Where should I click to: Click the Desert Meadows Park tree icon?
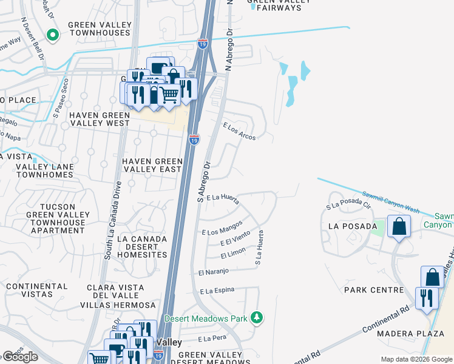tap(257, 318)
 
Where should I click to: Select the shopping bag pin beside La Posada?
tap(399, 227)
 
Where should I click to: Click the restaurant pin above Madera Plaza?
tap(427, 298)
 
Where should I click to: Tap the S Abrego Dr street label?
tap(203, 181)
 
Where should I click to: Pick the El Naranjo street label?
tap(212, 271)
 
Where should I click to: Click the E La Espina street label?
tap(217, 292)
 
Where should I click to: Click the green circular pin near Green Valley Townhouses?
tap(52, 35)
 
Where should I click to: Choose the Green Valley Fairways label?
tap(279, 4)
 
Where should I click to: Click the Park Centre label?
tap(373, 290)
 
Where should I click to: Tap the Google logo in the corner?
tap(20, 357)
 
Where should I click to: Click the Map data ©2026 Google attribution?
tap(416, 359)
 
